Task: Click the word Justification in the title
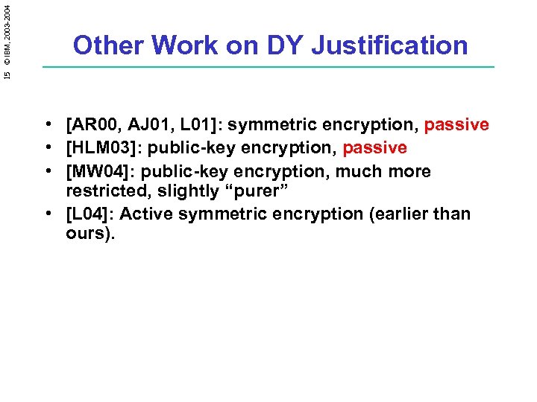tap(389, 45)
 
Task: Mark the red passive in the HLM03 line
tap(374, 148)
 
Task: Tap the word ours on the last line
tap(88, 234)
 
